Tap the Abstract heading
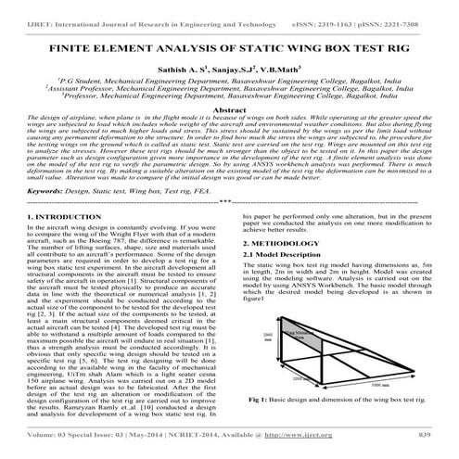[229, 108]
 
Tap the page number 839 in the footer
[424, 433]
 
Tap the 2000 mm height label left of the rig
[269, 338]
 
